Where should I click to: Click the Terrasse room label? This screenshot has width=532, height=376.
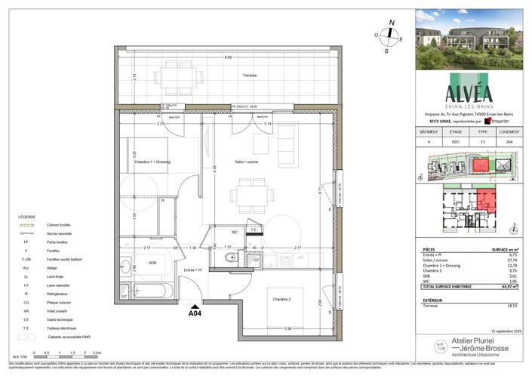[x=249, y=75]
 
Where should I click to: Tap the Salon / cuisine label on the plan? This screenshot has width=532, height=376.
[x=246, y=162]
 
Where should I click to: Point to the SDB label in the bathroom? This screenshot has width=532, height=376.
[x=152, y=264]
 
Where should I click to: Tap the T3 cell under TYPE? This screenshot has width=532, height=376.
[x=484, y=141]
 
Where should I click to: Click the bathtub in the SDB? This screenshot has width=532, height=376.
[x=149, y=292]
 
